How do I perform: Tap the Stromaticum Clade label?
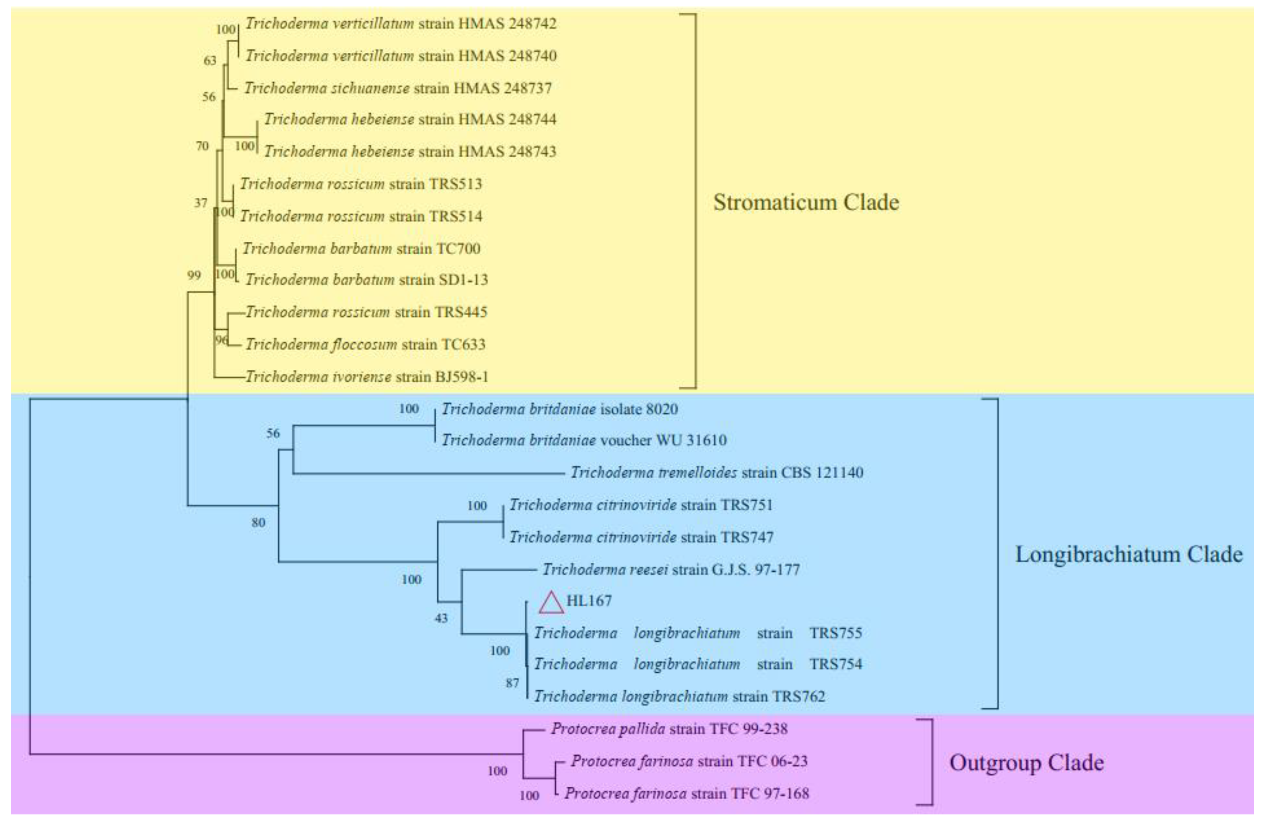[805, 202]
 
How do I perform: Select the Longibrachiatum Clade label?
[1128, 554]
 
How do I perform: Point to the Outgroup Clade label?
[1026, 763]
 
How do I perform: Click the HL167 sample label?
[589, 600]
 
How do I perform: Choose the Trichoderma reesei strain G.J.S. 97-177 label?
[670, 570]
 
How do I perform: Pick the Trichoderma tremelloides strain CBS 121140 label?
[716, 472]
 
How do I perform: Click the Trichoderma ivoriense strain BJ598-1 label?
[367, 377]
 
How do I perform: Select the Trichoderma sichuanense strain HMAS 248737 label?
[398, 88]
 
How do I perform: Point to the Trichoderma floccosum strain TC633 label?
[365, 345]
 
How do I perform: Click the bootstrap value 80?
[258, 522]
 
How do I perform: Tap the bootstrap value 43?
[441, 618]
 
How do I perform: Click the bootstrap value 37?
[201, 203]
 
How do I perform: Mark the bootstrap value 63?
[210, 60]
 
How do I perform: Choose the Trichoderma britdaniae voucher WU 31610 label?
[584, 441]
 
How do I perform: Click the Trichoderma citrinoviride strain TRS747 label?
[641, 537]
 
